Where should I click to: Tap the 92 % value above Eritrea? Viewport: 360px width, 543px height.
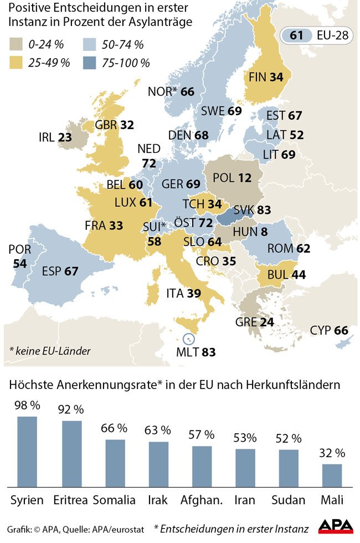71,409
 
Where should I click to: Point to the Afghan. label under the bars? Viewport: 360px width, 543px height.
202,500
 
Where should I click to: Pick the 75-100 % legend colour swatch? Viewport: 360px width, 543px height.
90,62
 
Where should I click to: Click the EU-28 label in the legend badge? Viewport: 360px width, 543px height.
332,35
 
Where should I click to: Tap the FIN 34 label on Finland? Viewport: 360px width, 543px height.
266,77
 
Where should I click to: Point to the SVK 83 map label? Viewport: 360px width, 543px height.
252,210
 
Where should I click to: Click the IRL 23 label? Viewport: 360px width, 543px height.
55,137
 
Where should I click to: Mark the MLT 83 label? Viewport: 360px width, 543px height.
196,352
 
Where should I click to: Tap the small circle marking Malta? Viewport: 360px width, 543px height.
188,339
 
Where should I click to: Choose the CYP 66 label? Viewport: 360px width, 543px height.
329,331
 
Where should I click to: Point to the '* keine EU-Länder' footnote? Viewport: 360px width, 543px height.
50,351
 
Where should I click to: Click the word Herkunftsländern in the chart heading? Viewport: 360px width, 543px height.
292,384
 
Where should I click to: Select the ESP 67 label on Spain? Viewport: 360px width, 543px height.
60,271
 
